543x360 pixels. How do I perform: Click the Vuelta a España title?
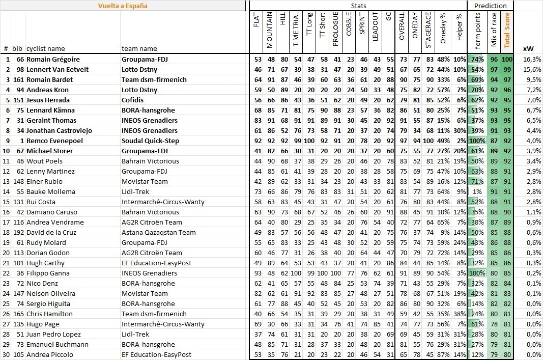123,6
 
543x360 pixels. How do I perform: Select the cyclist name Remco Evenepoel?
54,141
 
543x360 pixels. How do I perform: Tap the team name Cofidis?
134,100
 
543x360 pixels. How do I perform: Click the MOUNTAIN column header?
270,30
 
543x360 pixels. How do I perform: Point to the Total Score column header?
506,30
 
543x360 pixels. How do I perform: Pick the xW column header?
528,48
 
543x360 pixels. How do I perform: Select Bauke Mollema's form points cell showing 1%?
478,191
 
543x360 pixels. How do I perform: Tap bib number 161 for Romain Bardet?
18,79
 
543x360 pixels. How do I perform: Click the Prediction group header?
490,6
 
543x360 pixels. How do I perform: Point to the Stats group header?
358,6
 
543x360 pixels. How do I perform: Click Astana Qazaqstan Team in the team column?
159,232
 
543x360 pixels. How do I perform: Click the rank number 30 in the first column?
6,354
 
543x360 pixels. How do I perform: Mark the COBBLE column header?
349,30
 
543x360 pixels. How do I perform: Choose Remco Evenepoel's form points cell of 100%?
478,141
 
